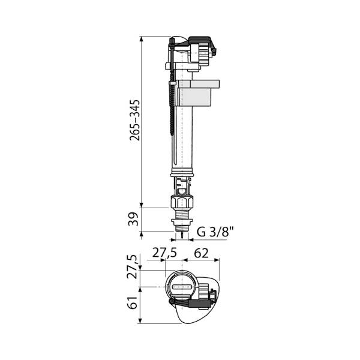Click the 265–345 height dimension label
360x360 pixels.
[x=134, y=121]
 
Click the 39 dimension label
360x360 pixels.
[x=133, y=219]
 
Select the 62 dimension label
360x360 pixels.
[x=201, y=253]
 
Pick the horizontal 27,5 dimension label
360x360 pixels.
[x=164, y=253]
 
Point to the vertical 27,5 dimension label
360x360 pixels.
[x=133, y=266]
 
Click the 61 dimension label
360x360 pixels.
[x=133, y=302]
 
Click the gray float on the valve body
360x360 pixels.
[x=197, y=93]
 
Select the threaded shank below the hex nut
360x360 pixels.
[x=182, y=214]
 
